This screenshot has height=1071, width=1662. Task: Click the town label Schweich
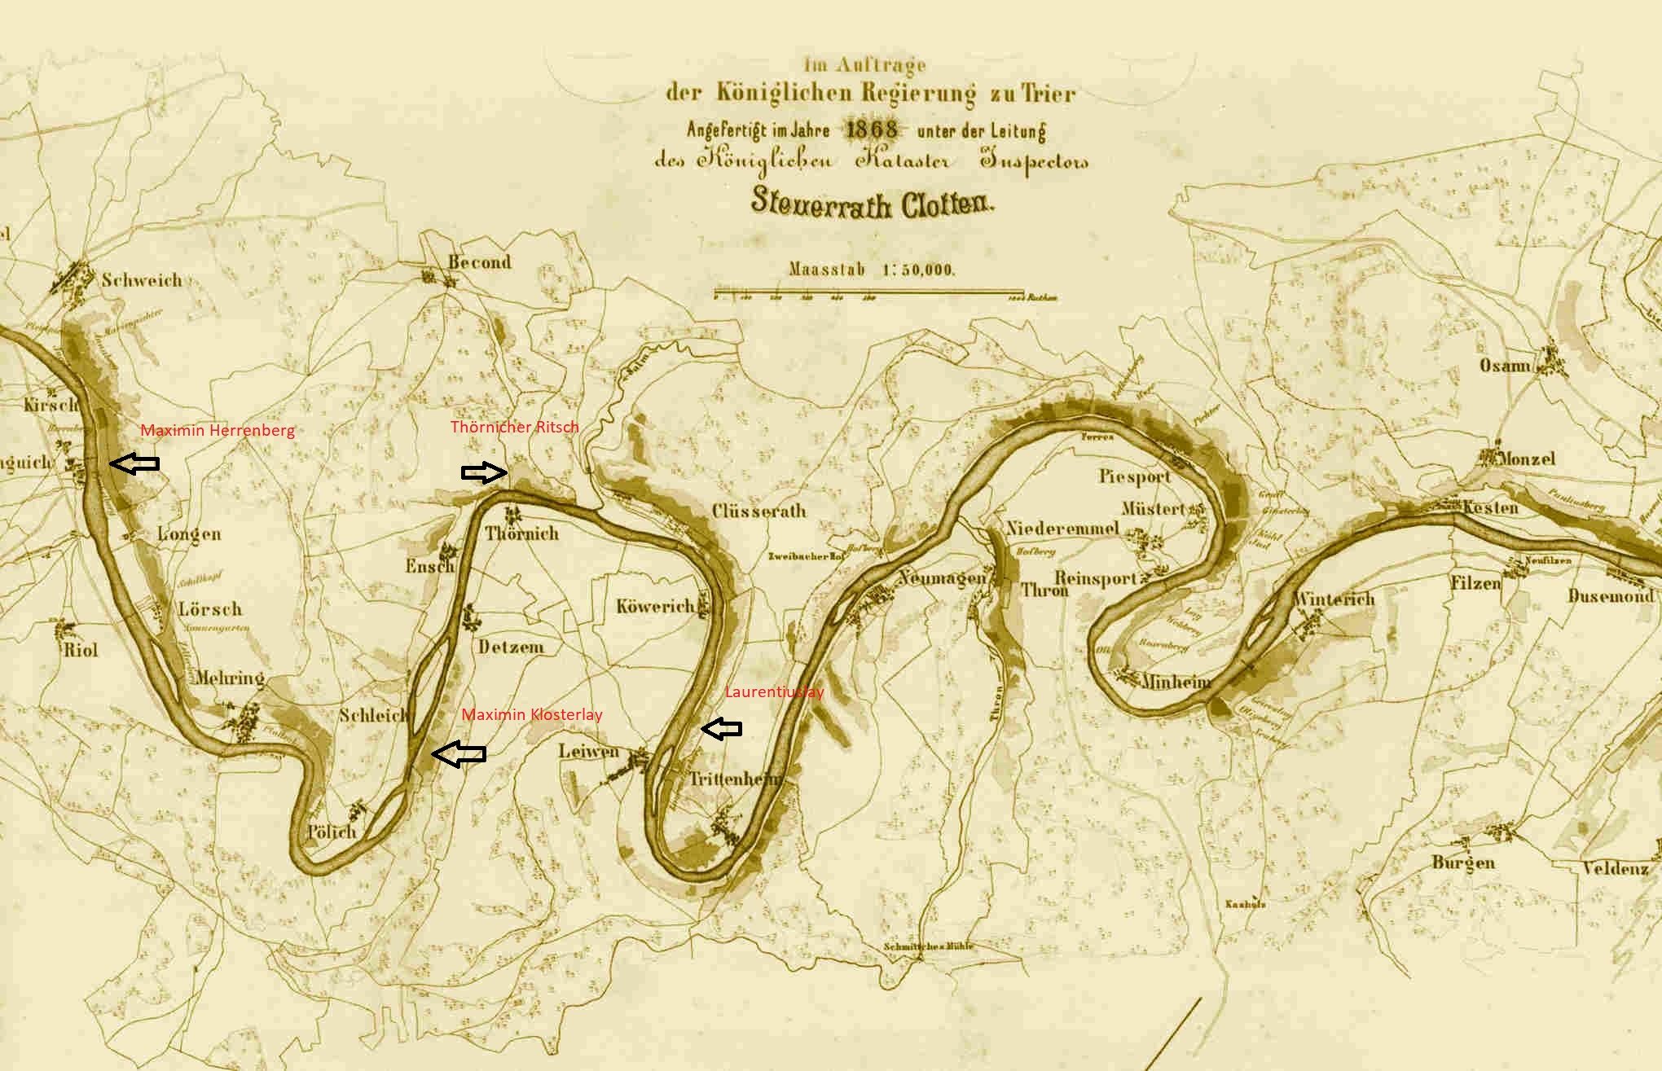point(142,280)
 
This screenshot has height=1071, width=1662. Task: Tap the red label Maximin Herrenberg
point(218,430)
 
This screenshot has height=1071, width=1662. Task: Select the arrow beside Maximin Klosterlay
point(458,754)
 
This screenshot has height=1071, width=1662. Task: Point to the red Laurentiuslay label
point(774,692)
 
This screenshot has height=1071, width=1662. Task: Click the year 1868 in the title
point(873,129)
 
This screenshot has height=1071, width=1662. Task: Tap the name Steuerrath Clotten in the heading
point(873,203)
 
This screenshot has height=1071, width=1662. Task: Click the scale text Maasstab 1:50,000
point(872,270)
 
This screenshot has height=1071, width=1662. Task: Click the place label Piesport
point(1134,476)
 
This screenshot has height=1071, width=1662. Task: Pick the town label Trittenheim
point(734,779)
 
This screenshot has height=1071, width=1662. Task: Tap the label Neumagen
point(942,578)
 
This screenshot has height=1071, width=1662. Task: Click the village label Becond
point(480,262)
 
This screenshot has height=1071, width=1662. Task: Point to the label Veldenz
point(1615,868)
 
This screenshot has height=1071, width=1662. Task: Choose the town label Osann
point(1505,366)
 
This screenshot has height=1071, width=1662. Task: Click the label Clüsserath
point(758,511)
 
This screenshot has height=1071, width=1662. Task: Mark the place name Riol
point(81,649)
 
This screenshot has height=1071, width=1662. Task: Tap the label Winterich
point(1334,599)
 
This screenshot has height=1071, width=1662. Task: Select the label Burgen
point(1463,862)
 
